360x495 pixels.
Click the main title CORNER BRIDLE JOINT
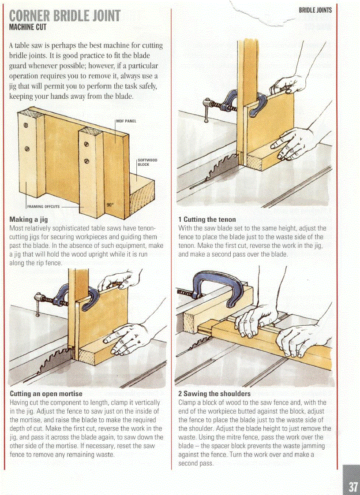(x=64, y=16)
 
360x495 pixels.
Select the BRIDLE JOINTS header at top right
(x=315, y=10)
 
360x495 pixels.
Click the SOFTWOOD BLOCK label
(x=147, y=162)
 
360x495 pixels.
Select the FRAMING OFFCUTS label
(x=41, y=205)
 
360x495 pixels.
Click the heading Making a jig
(x=28, y=220)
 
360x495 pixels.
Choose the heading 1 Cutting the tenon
(x=207, y=220)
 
